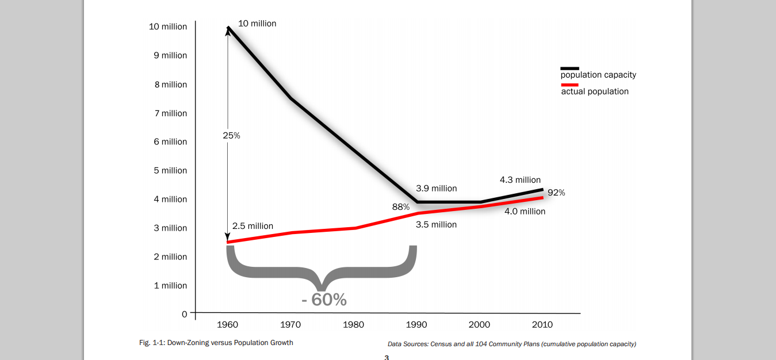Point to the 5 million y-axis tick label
170,171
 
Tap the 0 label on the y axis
185,314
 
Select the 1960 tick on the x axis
227,325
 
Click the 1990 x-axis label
416,325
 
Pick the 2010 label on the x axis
542,325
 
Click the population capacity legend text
598,75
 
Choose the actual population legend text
595,91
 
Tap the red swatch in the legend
569,85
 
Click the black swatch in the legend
569,68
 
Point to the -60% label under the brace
324,300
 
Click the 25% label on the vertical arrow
231,136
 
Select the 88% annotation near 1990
401,207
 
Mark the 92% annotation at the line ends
556,193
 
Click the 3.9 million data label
436,189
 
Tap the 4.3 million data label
520,180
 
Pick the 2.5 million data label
253,227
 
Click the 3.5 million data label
436,225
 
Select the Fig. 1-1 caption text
216,343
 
